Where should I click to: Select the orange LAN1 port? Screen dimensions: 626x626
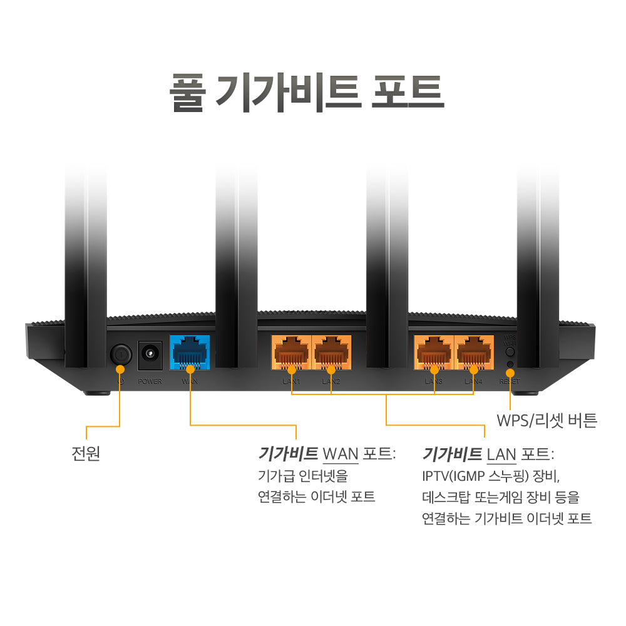pyautogui.click(x=291, y=354)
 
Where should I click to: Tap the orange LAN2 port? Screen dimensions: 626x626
pyautogui.click(x=331, y=354)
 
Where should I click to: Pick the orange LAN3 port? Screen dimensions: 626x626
pyautogui.click(x=434, y=354)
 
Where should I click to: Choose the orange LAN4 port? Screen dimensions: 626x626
pyautogui.click(x=473, y=354)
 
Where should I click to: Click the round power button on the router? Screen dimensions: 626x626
pyautogui.click(x=120, y=354)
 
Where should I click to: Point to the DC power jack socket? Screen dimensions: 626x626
pyautogui.click(x=150, y=354)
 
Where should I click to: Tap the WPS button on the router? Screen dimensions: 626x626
pyautogui.click(x=510, y=351)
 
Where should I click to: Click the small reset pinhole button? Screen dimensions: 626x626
pyautogui.click(x=510, y=364)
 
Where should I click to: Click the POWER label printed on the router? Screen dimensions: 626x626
pyautogui.click(x=150, y=381)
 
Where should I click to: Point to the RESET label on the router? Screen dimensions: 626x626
pyautogui.click(x=509, y=381)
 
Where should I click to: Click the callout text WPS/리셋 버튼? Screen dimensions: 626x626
pyautogui.click(x=546, y=420)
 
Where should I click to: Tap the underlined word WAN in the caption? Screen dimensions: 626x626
pyautogui.click(x=340, y=453)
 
